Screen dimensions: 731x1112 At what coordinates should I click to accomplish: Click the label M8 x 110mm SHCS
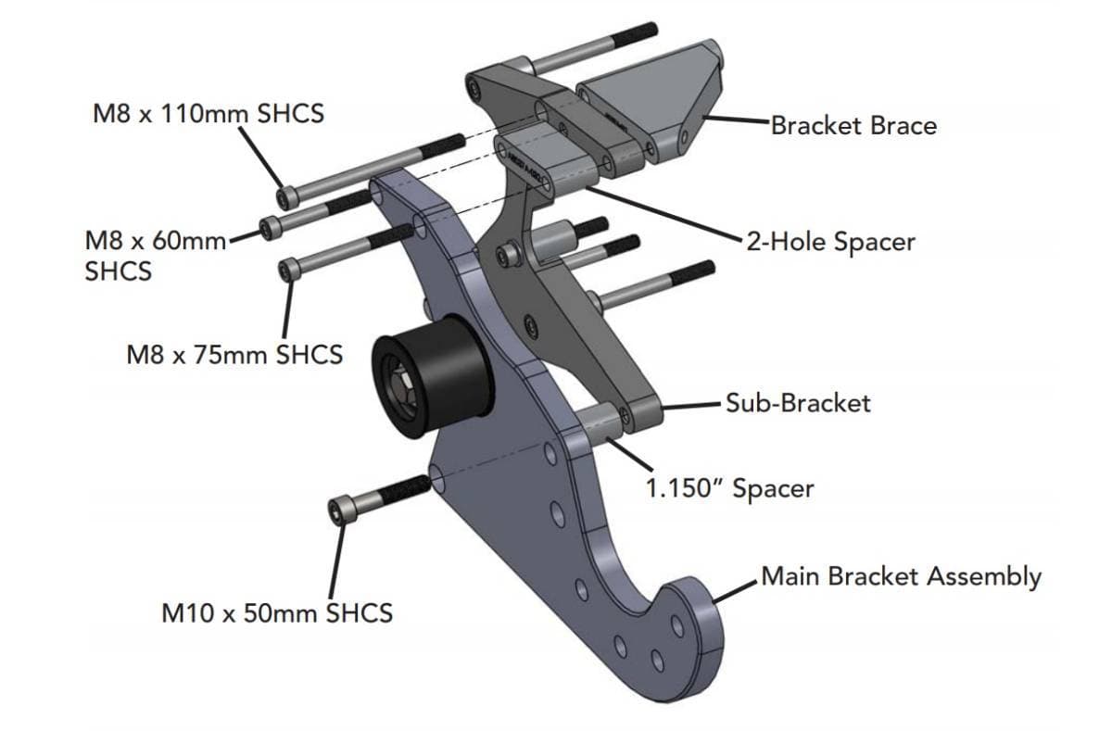coord(208,114)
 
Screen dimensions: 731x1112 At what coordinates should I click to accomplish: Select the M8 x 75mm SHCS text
coord(234,353)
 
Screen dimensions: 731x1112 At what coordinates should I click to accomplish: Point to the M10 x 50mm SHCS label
coord(276,612)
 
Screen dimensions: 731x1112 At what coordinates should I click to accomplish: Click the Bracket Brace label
coord(853,125)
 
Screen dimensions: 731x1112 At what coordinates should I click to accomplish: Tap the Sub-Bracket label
coord(797,402)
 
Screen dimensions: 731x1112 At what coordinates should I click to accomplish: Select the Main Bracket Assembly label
coord(900,576)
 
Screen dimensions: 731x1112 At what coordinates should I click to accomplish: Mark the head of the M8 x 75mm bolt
coord(289,269)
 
